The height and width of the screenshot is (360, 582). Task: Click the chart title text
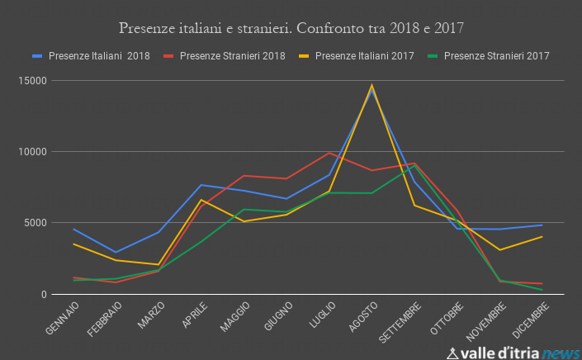(x=291, y=28)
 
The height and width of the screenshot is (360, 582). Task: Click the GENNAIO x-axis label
(x=64, y=319)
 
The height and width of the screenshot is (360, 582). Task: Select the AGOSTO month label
(x=362, y=317)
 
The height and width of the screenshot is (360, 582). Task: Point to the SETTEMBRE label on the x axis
(x=400, y=322)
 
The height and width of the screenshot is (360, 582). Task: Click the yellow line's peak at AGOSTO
(x=371, y=85)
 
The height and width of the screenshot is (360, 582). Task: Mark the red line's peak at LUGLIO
(x=329, y=152)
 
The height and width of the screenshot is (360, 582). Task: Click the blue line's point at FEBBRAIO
(x=116, y=252)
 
